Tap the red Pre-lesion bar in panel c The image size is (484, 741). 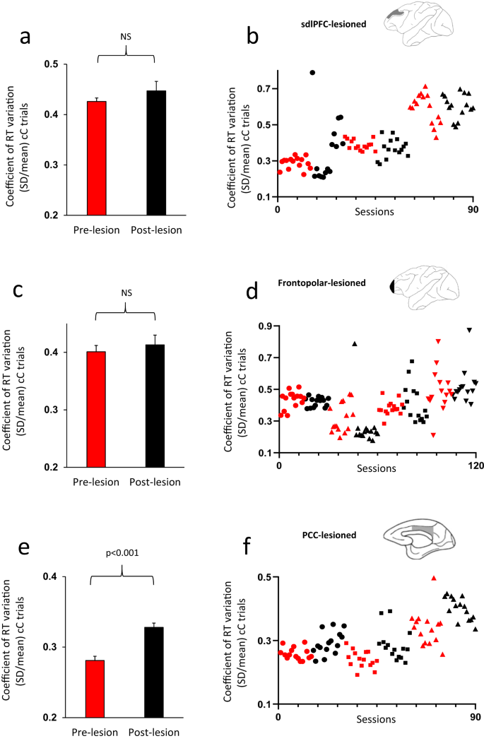click(x=96, y=409)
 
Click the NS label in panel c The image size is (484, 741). click(x=126, y=292)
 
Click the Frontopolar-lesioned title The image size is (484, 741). click(x=330, y=283)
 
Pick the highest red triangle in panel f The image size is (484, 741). click(x=434, y=578)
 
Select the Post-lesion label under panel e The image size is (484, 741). click(x=155, y=733)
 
